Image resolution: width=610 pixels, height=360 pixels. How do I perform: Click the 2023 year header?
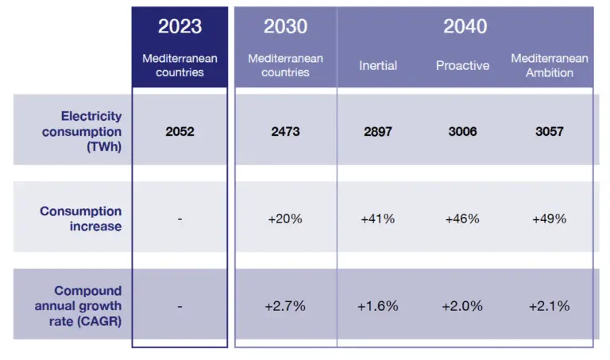click(x=180, y=26)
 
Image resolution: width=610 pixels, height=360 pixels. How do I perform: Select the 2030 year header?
click(x=285, y=26)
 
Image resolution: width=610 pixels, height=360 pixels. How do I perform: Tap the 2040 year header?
click(x=465, y=26)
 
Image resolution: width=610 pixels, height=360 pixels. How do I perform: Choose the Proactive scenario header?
click(x=462, y=65)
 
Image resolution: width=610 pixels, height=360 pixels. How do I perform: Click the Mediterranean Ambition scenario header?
click(x=550, y=65)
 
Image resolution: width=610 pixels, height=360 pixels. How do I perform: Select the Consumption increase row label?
click(x=81, y=219)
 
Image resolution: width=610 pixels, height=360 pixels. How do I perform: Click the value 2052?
click(x=180, y=131)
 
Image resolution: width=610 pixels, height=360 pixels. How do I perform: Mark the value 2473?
click(x=285, y=131)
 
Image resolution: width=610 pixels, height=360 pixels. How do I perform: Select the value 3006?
click(x=462, y=131)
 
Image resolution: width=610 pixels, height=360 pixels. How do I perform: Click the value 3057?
click(x=550, y=131)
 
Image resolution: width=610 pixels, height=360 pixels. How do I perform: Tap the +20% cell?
click(x=285, y=219)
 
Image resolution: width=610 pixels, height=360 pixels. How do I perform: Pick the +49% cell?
click(x=550, y=219)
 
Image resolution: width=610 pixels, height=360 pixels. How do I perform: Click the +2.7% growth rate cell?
click(x=285, y=306)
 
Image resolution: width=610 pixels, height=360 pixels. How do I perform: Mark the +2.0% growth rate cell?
click(x=462, y=306)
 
